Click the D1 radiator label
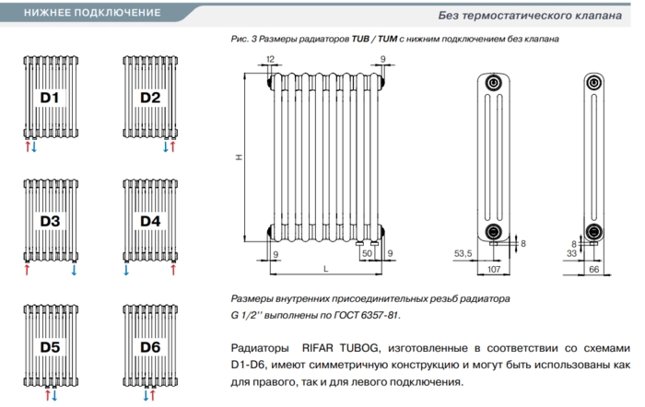point(50,98)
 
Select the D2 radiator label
point(150,98)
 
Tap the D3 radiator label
point(50,221)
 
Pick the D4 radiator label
point(150,221)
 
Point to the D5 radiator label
point(50,347)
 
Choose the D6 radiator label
point(150,347)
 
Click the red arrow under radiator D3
point(27,270)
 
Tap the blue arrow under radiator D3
point(74,270)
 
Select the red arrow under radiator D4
point(173,270)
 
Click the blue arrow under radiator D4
point(126,270)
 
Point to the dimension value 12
point(270,59)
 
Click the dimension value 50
point(367,253)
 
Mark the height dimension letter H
point(239,157)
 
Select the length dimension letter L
point(326,269)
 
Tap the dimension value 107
point(494,269)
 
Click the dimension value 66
point(594,269)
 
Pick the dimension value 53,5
point(463,253)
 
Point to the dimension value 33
point(572,253)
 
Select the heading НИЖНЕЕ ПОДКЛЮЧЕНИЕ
point(92,13)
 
